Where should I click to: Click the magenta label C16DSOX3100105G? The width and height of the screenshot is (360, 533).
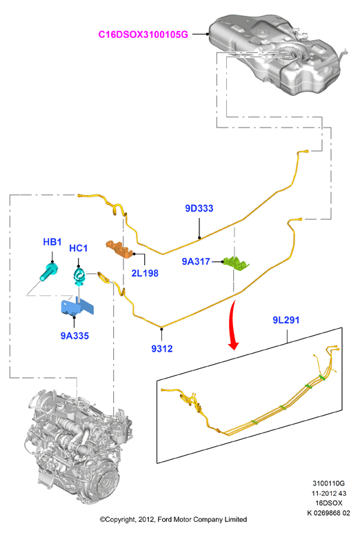pyautogui.click(x=143, y=34)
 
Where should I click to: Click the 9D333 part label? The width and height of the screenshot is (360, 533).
pyautogui.click(x=199, y=208)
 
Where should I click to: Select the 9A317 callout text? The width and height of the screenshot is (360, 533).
pyautogui.click(x=196, y=261)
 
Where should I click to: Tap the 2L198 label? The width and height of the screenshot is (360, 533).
pyautogui.click(x=145, y=273)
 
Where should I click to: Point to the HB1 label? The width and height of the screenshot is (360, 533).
pyautogui.click(x=52, y=242)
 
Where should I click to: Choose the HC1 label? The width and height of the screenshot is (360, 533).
pyautogui.click(x=78, y=248)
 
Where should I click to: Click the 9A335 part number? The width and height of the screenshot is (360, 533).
pyautogui.click(x=74, y=336)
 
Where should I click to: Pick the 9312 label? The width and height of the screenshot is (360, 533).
pyautogui.click(x=162, y=349)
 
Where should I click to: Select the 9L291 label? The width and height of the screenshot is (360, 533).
pyautogui.click(x=286, y=320)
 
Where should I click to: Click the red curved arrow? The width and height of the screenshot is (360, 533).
pyautogui.click(x=232, y=325)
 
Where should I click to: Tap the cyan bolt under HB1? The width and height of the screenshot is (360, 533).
pyautogui.click(x=48, y=271)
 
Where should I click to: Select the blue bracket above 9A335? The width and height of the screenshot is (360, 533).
pyautogui.click(x=76, y=306)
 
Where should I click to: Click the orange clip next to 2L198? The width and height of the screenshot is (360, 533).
pyautogui.click(x=119, y=249)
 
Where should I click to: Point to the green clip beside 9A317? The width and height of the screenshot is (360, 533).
pyautogui.click(x=236, y=263)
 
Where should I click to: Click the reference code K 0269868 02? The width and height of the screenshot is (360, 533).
pyautogui.click(x=328, y=513)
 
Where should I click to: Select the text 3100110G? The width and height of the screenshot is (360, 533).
pyautogui.click(x=328, y=483)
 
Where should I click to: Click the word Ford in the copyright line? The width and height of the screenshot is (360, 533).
pyautogui.click(x=165, y=519)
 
